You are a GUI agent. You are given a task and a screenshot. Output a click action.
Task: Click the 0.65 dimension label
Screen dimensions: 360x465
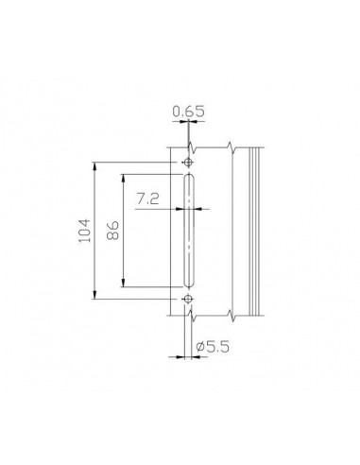(x=189, y=112)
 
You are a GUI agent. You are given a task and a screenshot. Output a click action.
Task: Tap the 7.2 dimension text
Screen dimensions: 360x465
(x=147, y=198)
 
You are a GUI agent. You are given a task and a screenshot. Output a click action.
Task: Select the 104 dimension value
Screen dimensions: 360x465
(x=84, y=231)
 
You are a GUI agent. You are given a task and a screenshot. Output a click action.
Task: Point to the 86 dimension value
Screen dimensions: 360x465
(x=112, y=231)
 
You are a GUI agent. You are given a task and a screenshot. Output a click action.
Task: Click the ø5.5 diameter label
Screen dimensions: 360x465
(x=213, y=347)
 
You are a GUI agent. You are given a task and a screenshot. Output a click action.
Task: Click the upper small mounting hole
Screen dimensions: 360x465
(x=188, y=163)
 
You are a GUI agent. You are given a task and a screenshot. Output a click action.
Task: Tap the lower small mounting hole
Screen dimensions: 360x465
(x=188, y=299)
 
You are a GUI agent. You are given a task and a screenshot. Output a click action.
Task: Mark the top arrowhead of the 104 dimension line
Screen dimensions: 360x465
(x=94, y=165)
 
